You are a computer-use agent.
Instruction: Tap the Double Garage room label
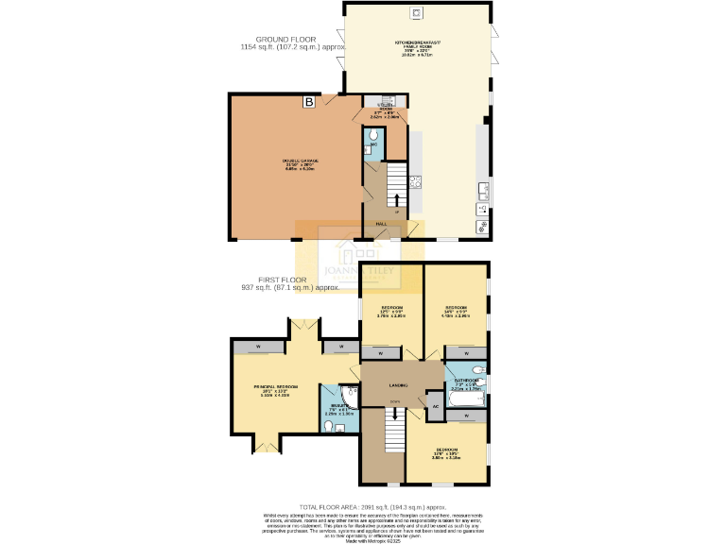click(300, 163)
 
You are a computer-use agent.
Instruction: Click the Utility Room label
click(386, 110)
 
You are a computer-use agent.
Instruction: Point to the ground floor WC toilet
click(373, 137)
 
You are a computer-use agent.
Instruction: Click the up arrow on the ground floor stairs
click(395, 201)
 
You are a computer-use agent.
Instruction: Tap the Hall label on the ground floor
click(382, 224)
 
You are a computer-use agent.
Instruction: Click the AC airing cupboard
click(435, 405)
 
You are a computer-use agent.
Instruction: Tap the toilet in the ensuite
click(328, 427)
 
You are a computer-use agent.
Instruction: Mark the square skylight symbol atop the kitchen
click(415, 12)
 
